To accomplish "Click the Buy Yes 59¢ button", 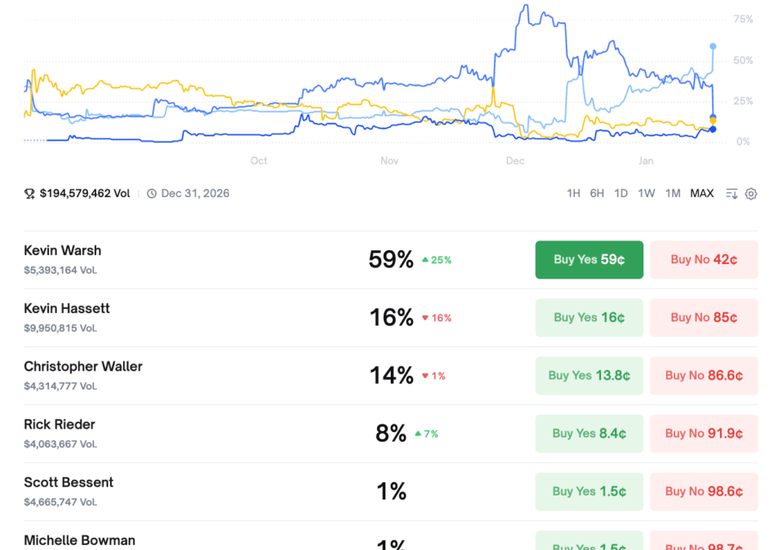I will [x=589, y=260].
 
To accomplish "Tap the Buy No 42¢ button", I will [x=704, y=260].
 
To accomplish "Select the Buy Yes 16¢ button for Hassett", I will [x=589, y=318].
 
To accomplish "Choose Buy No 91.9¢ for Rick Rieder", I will [x=704, y=433].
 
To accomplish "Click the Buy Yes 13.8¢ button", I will [x=589, y=376].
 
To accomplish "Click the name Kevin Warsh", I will [x=63, y=251].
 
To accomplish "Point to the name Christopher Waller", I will [x=83, y=367].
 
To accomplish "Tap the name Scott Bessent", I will [x=68, y=482].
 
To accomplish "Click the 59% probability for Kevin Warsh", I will [x=391, y=260].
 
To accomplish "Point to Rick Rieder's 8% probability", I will [x=391, y=433].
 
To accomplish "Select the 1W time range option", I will [x=646, y=194].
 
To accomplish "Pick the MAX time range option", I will [x=701, y=194].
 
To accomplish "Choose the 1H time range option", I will [x=573, y=194].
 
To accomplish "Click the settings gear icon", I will [x=751, y=194].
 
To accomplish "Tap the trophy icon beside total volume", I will [x=29, y=194].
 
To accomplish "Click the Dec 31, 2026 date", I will [x=195, y=194].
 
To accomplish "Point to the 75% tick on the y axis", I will [x=742, y=20].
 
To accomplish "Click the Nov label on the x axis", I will [x=389, y=161].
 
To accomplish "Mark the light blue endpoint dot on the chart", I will [x=713, y=46].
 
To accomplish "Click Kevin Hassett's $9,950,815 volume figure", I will [x=60, y=328].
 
